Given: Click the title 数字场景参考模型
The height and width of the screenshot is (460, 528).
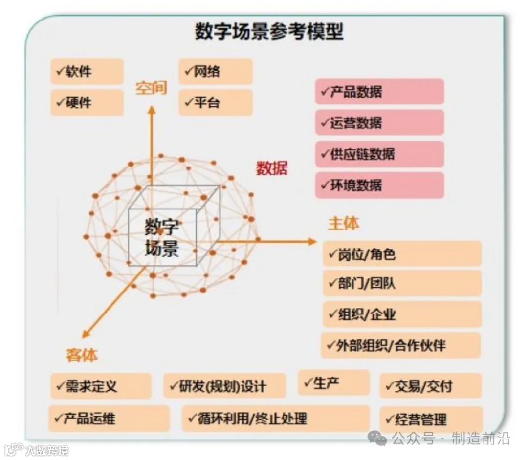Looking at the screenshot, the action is pyautogui.click(x=269, y=32).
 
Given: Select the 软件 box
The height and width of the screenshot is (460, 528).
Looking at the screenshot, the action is pyautogui.click(x=87, y=71).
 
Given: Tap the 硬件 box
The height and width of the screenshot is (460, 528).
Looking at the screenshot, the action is pyautogui.click(x=87, y=102).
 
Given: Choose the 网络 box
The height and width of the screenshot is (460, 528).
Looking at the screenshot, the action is pyautogui.click(x=215, y=71).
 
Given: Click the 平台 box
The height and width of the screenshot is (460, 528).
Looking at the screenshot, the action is pyautogui.click(x=215, y=102).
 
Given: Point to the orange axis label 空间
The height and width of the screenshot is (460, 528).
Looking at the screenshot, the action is pyautogui.click(x=151, y=88).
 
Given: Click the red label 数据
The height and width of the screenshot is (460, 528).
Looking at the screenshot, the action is pyautogui.click(x=272, y=168).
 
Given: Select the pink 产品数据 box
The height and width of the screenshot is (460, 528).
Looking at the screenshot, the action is pyautogui.click(x=379, y=92).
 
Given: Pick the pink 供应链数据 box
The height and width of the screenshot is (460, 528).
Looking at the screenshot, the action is pyautogui.click(x=379, y=154).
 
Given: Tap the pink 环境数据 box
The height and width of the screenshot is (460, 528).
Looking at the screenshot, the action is pyautogui.click(x=379, y=185).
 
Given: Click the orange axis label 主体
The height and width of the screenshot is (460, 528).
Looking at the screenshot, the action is pyautogui.click(x=343, y=223).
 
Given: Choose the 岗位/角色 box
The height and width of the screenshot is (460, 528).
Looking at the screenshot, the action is pyautogui.click(x=402, y=254).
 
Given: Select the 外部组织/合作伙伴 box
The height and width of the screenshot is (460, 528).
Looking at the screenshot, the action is pyautogui.click(x=401, y=346).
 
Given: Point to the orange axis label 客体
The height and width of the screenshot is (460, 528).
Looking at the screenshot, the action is pyautogui.click(x=82, y=355).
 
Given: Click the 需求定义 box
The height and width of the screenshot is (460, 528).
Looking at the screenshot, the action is pyautogui.click(x=101, y=386).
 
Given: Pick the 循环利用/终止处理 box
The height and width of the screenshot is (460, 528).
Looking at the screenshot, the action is pyautogui.click(x=276, y=418).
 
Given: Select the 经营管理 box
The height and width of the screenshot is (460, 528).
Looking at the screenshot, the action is pyautogui.click(x=431, y=419).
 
